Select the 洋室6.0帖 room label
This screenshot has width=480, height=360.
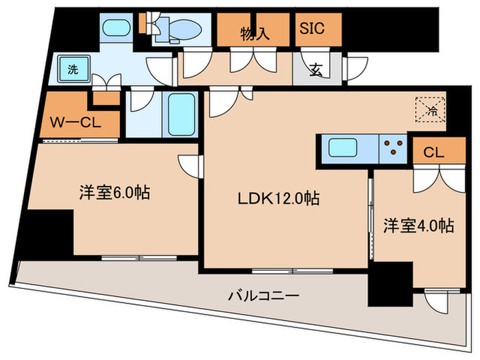click(113, 193)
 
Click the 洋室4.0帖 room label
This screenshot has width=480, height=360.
click(418, 224)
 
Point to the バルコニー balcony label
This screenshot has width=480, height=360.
click(263, 296)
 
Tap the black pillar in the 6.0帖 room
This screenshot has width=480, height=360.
click(48, 232)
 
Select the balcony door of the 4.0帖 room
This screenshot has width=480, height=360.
click(437, 300)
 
